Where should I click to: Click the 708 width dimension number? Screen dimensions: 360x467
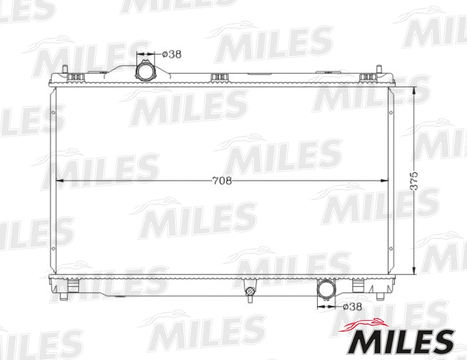tap(221, 181)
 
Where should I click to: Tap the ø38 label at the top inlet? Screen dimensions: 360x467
tap(171, 54)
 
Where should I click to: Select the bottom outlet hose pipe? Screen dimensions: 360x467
tap(325, 290)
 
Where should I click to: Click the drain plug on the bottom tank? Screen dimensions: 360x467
tap(250, 293)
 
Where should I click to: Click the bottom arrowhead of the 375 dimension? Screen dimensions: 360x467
tap(412, 272)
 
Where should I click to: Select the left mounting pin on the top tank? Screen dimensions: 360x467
tap(66, 70)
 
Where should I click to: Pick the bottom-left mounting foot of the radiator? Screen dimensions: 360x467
tap(64, 295)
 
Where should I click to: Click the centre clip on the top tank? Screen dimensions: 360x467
tap(220, 78)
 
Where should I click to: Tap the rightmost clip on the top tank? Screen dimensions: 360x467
tap(367, 78)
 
